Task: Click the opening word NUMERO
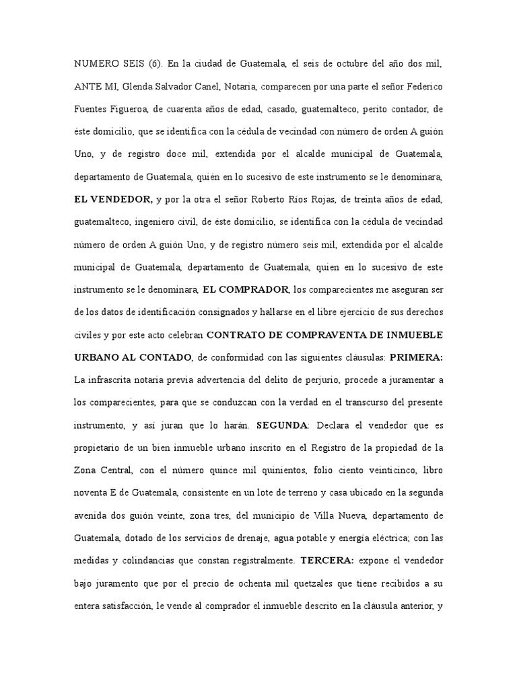[x=95, y=64]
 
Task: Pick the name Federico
[x=423, y=87]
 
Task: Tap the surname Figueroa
[x=134, y=109]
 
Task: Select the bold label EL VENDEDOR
[x=112, y=200]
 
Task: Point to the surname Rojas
[x=296, y=200]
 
